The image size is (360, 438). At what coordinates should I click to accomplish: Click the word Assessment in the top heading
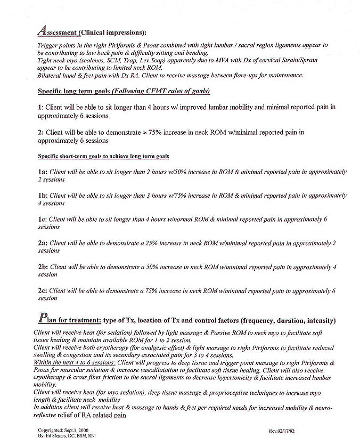pos(58,31)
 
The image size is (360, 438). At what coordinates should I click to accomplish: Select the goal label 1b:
pos(43,196)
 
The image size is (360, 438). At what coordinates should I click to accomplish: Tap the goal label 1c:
pos(42,219)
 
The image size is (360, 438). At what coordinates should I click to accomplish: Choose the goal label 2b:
pos(43,267)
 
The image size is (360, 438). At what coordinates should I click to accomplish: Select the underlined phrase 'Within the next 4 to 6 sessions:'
pos(72,362)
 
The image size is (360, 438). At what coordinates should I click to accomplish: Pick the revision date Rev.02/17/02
pos(284,429)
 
